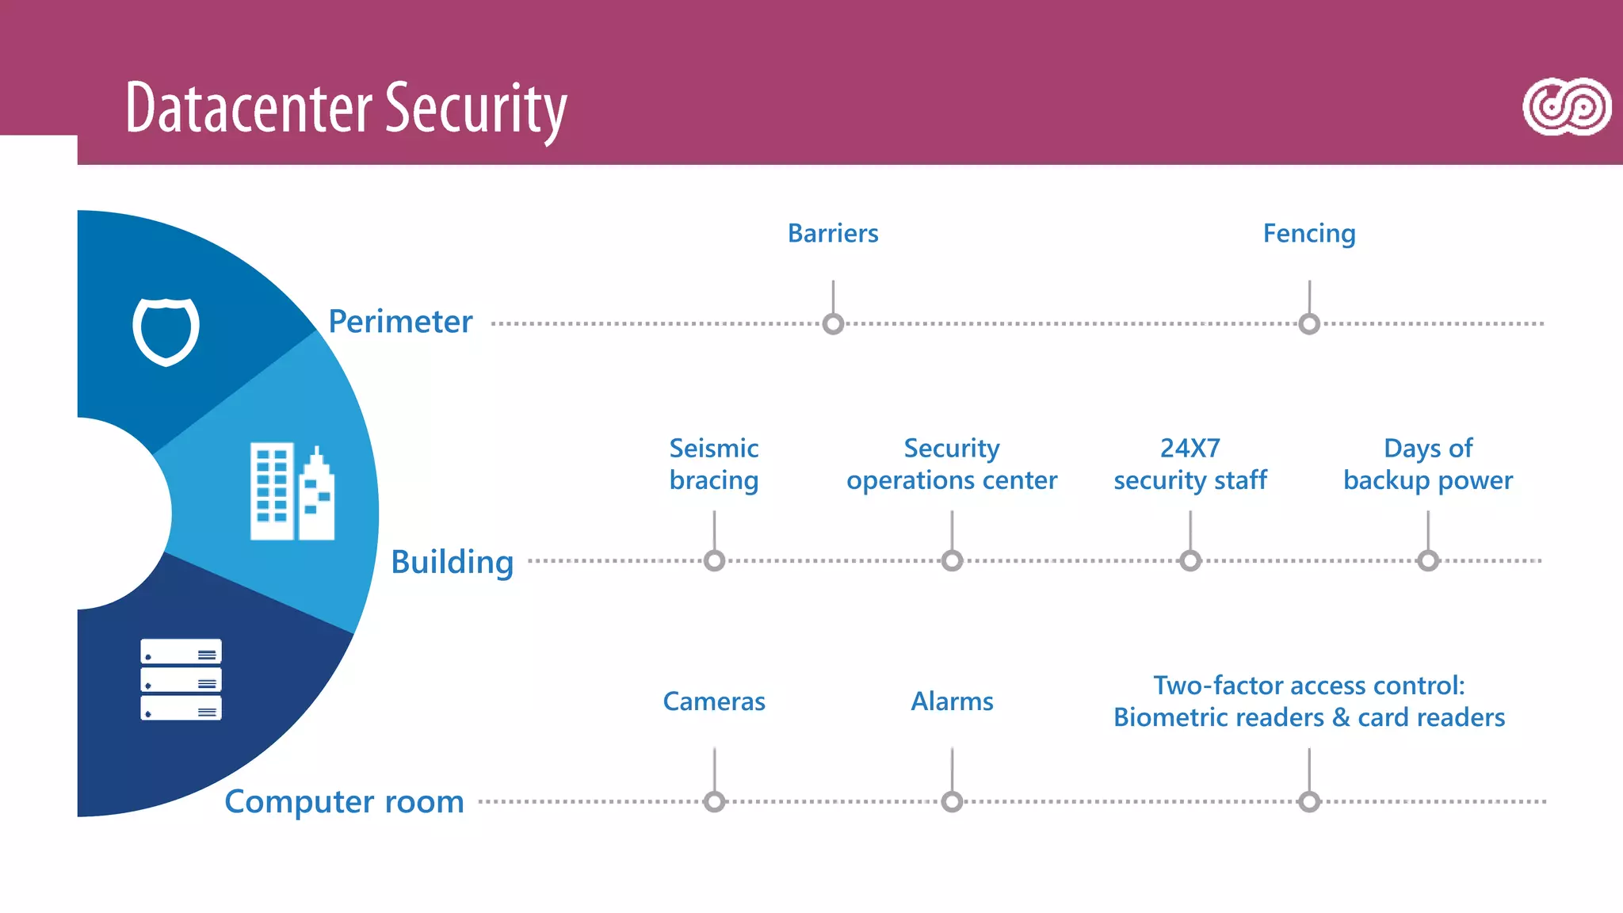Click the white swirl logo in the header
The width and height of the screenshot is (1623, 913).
1566,107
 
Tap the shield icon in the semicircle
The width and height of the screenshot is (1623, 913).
166,330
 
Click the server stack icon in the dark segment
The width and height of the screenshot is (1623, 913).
181,679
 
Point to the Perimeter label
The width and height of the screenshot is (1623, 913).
400,322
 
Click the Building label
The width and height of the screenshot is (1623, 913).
453,562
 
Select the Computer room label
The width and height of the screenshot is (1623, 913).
344,802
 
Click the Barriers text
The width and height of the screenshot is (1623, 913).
833,234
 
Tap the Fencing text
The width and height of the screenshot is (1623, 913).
1309,234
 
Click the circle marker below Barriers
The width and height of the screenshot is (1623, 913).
833,324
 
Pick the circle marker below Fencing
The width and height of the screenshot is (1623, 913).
1309,324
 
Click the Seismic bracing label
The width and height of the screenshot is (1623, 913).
714,464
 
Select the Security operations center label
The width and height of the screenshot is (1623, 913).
952,464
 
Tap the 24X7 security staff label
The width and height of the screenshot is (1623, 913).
1190,464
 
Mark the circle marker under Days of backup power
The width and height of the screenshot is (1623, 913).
1428,561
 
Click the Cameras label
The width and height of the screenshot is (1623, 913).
714,701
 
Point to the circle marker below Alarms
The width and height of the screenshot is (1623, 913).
952,802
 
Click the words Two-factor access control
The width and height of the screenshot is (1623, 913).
1308,686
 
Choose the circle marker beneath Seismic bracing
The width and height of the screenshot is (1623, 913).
714,561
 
